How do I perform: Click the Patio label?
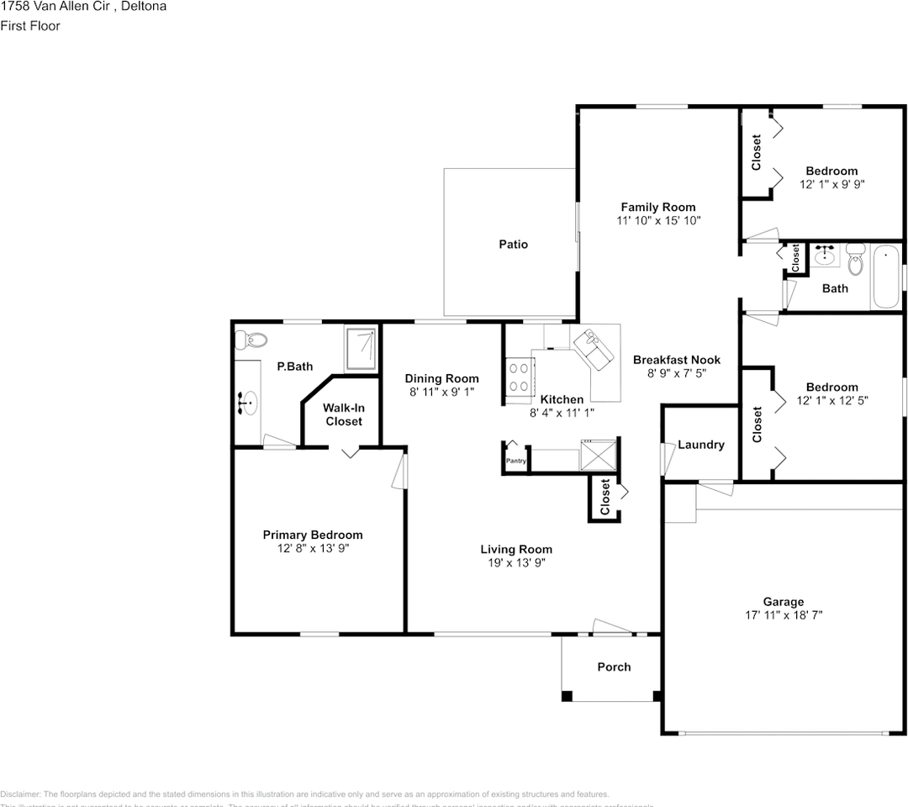pyautogui.click(x=513, y=244)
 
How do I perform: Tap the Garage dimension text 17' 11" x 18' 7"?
pyautogui.click(x=783, y=615)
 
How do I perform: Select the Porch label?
pyautogui.click(x=614, y=667)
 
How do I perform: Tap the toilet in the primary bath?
pyautogui.click(x=250, y=340)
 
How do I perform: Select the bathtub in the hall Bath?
pyautogui.click(x=886, y=277)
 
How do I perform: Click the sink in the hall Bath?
pyautogui.click(x=825, y=255)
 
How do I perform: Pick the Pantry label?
pyautogui.click(x=515, y=461)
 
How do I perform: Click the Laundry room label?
pyautogui.click(x=700, y=445)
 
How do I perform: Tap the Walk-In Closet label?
pyautogui.click(x=344, y=414)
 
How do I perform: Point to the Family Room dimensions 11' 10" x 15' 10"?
pyautogui.click(x=657, y=220)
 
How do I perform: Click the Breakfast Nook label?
pyautogui.click(x=677, y=360)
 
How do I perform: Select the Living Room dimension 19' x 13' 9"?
pyautogui.click(x=516, y=563)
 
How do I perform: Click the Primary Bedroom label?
pyautogui.click(x=313, y=535)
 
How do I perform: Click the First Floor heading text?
pyautogui.click(x=30, y=26)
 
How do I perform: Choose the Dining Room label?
pyautogui.click(x=441, y=378)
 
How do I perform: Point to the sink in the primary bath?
pyautogui.click(x=247, y=404)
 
